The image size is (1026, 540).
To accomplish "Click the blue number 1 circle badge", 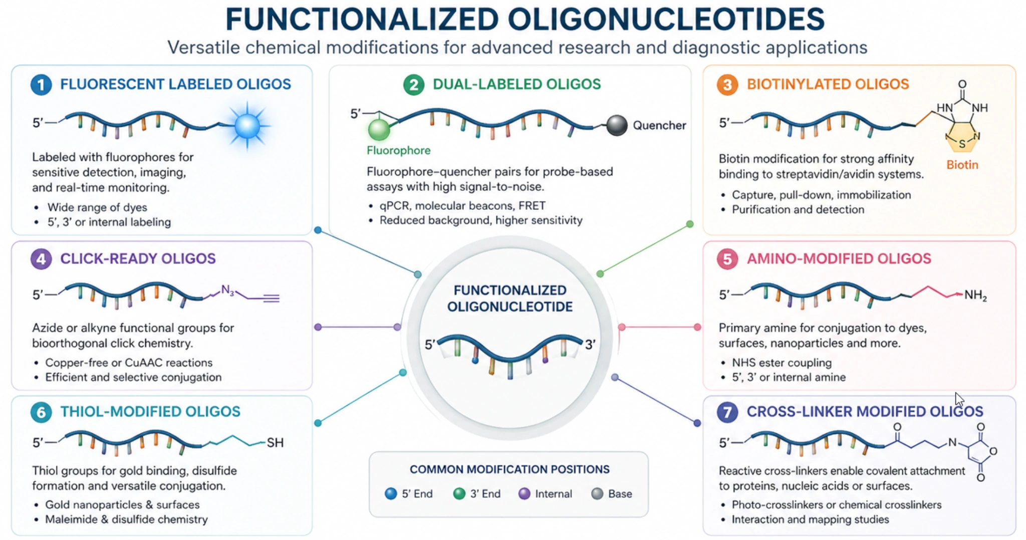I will click(x=41, y=85).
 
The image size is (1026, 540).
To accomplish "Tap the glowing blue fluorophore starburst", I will click(x=247, y=125).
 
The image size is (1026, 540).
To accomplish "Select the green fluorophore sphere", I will click(x=379, y=130).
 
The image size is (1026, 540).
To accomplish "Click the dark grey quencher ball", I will click(x=617, y=125).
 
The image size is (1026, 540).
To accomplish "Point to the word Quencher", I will click(x=659, y=125).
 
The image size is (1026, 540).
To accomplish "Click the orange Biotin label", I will click(x=962, y=165).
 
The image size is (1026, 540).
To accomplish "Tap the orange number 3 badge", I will click(x=727, y=85).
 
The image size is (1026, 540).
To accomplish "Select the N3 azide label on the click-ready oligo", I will click(x=227, y=290).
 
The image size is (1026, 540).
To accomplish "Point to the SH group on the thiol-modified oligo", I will click(x=275, y=442).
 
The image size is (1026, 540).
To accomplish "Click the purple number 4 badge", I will click(x=41, y=259).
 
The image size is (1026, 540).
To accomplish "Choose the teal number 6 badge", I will click(x=41, y=412).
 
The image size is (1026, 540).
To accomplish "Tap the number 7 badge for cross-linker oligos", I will click(x=727, y=412).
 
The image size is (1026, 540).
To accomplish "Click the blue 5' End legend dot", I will click(x=391, y=494).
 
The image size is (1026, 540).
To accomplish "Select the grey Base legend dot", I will click(x=597, y=494).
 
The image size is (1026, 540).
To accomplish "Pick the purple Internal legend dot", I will click(x=524, y=494).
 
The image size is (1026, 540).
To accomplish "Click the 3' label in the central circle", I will click(x=591, y=345).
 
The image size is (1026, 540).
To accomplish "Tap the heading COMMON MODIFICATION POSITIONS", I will click(x=509, y=469).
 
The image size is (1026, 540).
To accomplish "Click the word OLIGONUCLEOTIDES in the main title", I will click(x=666, y=20).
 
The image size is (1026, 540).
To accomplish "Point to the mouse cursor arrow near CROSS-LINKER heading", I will click(x=958, y=399).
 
